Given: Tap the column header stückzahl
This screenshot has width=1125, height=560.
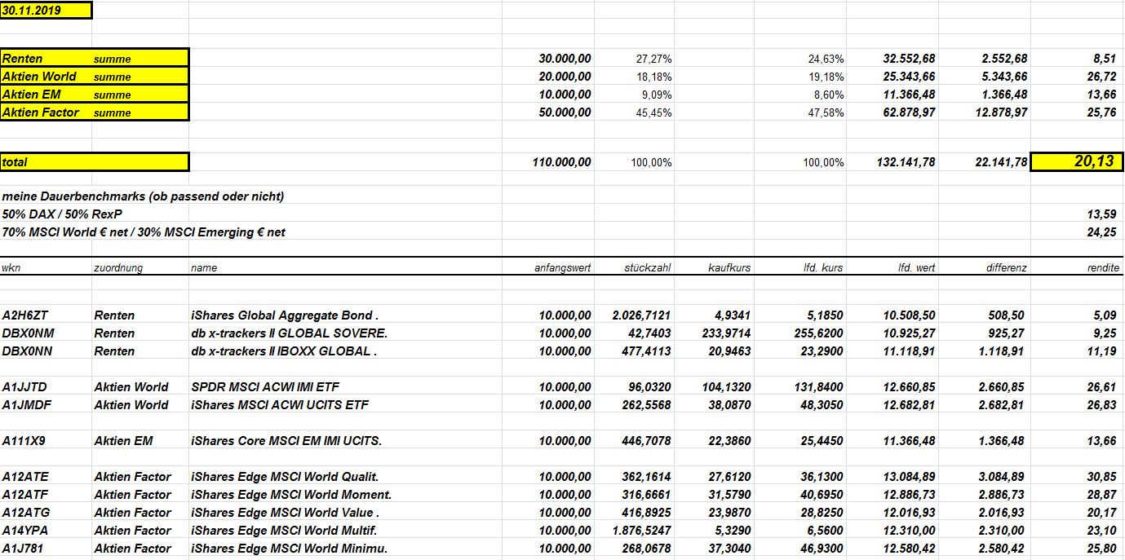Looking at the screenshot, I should point(648,267).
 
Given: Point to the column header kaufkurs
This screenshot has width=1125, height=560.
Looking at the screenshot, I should point(730,267).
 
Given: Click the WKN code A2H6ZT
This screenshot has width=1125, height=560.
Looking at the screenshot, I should point(24,315).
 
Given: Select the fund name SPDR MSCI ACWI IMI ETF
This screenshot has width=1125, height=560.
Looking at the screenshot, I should point(255,387).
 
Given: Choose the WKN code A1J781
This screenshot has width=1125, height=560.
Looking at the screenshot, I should point(22,549).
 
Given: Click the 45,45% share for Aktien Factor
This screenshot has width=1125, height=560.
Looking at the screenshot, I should point(653,112).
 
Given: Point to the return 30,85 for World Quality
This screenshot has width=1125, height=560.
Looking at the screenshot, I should point(1101,477).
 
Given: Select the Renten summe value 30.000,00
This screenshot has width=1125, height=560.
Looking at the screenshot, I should point(565,59).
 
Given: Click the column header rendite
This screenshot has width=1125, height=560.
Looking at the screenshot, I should point(1103,267).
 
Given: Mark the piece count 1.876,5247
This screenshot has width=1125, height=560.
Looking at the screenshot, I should point(641,531).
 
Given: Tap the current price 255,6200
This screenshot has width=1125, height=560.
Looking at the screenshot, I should point(816,333).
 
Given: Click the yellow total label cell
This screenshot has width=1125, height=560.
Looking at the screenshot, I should point(95,162).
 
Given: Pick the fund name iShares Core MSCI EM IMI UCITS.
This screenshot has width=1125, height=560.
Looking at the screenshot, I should point(286,441).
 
